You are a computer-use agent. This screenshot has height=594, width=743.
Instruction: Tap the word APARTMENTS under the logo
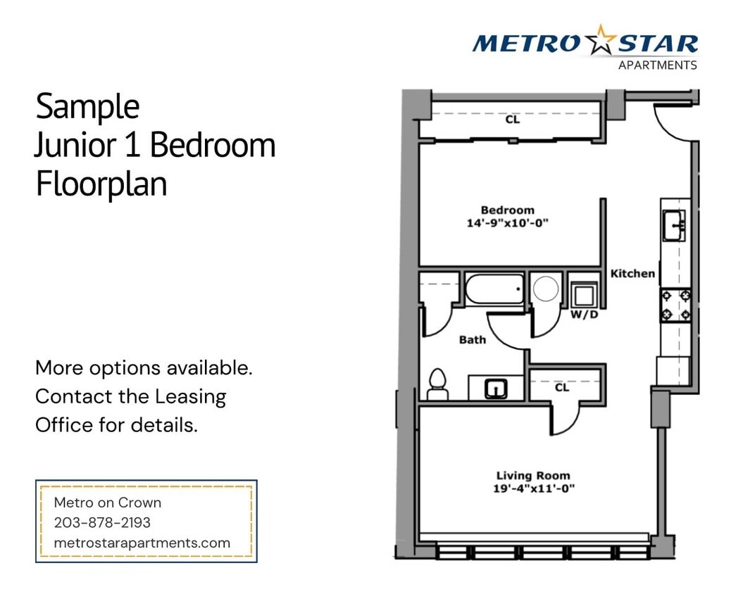click(657, 65)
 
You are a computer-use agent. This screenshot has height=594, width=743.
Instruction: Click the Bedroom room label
click(507, 210)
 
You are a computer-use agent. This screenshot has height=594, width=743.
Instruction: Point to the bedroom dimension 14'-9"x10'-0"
click(507, 223)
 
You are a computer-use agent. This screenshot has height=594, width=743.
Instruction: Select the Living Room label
click(533, 475)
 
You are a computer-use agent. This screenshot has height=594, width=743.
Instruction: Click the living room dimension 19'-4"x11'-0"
click(533, 488)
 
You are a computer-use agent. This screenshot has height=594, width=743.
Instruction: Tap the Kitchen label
click(632, 273)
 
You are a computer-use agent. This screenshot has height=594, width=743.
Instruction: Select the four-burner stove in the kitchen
click(675, 305)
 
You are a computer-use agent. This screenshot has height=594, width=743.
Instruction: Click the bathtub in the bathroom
click(494, 289)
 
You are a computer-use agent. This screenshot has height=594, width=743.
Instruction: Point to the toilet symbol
click(437, 384)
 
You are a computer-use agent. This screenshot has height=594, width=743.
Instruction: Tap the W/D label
click(584, 314)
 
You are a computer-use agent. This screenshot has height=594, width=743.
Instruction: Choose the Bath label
click(473, 340)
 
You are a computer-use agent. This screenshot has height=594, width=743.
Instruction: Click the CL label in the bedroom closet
click(512, 120)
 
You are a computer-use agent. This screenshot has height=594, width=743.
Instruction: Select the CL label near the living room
click(561, 387)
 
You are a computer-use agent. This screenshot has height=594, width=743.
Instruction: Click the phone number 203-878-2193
click(102, 523)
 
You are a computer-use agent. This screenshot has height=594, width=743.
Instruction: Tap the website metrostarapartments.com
click(142, 543)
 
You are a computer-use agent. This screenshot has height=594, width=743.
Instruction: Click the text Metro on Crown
click(108, 503)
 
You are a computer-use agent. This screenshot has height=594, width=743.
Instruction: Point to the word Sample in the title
click(87, 106)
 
